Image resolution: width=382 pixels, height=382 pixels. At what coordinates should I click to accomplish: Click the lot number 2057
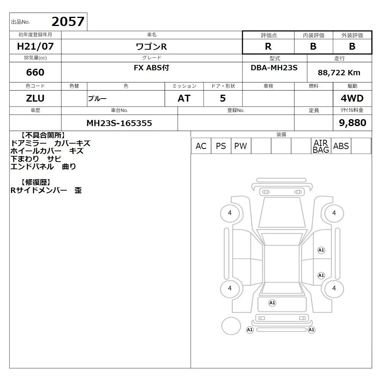pos(68,22)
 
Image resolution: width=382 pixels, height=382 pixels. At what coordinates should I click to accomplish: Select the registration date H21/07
pos(35,46)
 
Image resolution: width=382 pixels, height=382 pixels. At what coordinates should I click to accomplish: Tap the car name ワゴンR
pos(151,47)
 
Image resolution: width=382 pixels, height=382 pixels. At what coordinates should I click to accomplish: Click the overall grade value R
pos(268,46)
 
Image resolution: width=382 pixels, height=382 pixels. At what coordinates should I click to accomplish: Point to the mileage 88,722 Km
pos(339,73)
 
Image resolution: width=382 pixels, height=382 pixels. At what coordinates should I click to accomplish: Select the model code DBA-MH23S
pos(274,68)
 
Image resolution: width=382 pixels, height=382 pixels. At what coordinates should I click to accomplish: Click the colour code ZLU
pos(35,98)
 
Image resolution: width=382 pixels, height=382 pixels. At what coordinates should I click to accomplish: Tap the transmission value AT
pos(184,98)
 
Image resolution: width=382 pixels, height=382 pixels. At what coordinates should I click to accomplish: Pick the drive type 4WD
pos(352,98)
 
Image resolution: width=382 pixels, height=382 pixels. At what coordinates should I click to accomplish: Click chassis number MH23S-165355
pos(119,123)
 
